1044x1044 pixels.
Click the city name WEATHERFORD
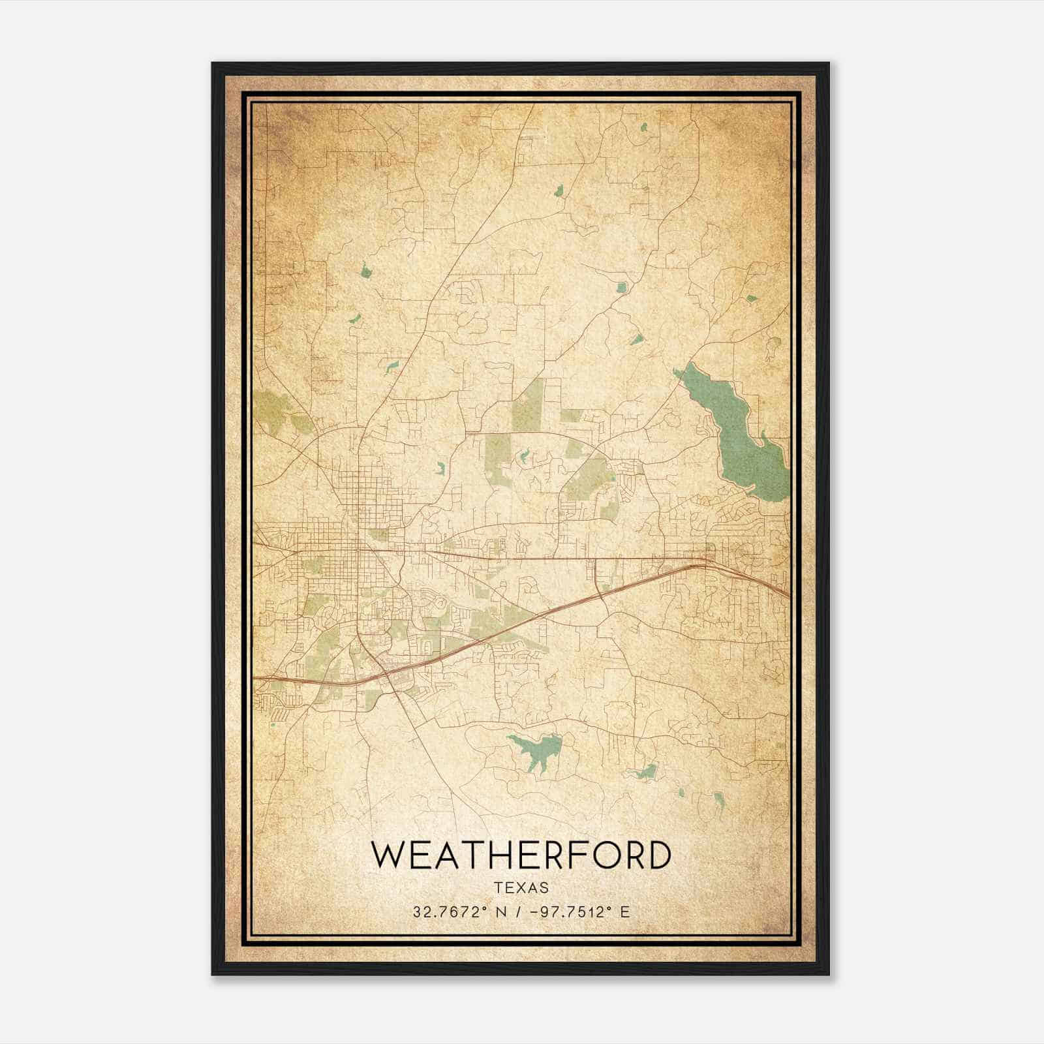521,855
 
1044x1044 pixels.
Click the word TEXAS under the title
521,887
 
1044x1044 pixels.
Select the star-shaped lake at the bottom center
536,752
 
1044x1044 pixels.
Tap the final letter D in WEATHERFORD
658,855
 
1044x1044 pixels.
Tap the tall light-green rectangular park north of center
529,405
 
